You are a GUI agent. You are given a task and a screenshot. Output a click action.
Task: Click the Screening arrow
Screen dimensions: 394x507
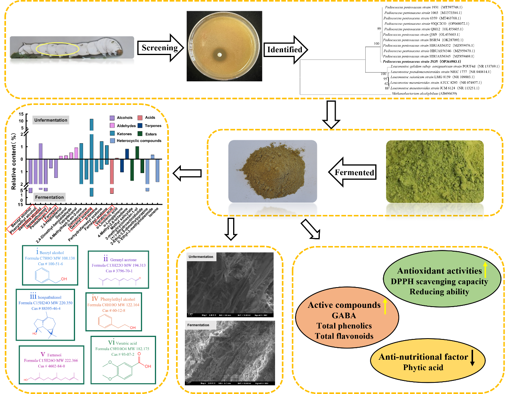[x=160, y=48]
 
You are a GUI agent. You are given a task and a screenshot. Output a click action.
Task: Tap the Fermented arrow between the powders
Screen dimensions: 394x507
[x=353, y=172]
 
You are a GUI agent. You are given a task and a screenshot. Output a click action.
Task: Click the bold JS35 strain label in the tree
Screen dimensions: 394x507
[x=421, y=61]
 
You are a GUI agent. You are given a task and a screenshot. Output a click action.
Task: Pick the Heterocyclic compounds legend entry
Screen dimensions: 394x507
[x=135, y=141]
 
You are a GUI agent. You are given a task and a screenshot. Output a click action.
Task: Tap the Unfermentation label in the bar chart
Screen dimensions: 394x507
[x=51, y=120]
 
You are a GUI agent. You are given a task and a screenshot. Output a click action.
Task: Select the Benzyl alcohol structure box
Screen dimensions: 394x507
[x=50, y=265]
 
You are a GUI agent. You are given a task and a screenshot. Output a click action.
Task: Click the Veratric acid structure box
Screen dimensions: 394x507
[x=123, y=359]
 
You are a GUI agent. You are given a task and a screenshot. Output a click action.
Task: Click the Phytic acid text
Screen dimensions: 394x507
[x=423, y=367]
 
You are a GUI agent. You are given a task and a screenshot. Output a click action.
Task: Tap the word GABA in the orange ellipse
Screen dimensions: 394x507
[x=344, y=315]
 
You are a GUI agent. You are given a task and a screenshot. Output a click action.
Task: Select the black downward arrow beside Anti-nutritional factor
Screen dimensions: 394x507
[x=472, y=357]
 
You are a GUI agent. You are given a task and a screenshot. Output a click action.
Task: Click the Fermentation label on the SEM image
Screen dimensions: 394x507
[x=198, y=325]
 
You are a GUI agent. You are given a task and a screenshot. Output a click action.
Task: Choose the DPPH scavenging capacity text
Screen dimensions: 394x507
[x=439, y=282]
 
